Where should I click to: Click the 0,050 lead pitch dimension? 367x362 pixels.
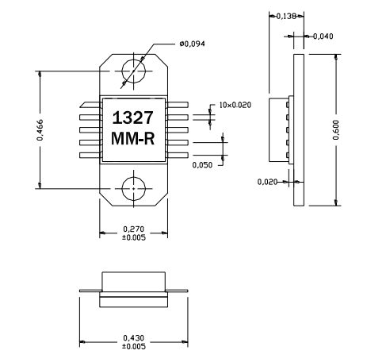[203, 164]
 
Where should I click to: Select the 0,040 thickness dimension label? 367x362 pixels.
[323, 36]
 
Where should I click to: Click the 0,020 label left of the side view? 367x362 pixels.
[268, 182]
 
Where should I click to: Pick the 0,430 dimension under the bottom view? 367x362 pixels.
[132, 338]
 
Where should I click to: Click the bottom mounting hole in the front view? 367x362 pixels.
[133, 188]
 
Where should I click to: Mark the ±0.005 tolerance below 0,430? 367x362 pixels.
[132, 347]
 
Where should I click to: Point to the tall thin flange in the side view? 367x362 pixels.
[300, 129]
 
